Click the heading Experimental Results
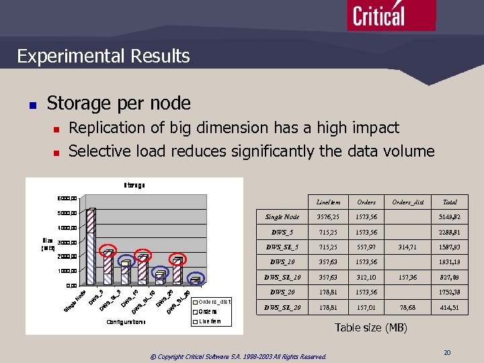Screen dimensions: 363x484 pos(104,56)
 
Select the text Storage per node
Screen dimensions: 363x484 pos(118,103)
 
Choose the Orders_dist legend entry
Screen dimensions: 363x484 pos(214,301)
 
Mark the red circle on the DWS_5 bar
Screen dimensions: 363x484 pos(108,253)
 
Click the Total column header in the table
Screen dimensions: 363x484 pos(449,202)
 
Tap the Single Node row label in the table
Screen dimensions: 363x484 pos(282,217)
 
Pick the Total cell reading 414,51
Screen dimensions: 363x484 pos(449,308)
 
